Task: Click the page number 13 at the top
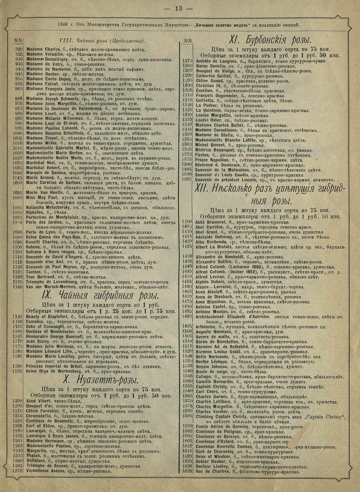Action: [x=179, y=8]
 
